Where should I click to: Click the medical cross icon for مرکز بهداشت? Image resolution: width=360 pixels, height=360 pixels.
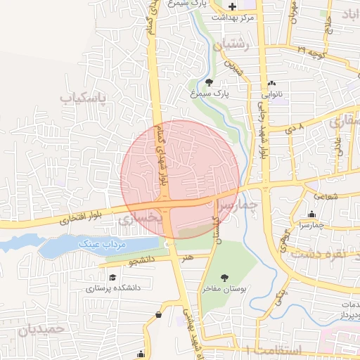tap(233, 6)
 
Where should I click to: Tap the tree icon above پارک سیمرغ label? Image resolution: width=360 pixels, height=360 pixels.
tap(209, 82)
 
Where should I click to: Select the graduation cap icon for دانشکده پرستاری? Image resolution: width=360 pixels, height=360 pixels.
tap(112, 278)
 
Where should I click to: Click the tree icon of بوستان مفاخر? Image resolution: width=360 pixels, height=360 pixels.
tap(224, 278)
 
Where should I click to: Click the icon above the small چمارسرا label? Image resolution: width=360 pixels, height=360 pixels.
tap(312, 214)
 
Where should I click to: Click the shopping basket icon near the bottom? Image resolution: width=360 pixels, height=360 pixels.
tap(159, 314)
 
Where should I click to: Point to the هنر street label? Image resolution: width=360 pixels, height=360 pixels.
tap(187, 259)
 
